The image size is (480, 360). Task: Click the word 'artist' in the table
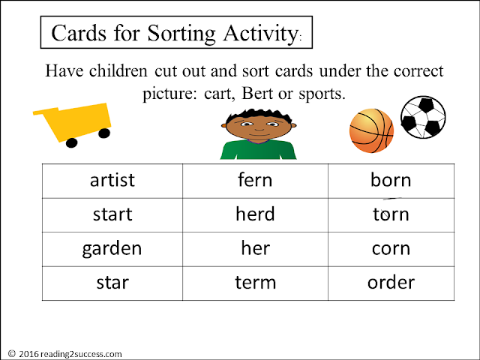click(x=112, y=180)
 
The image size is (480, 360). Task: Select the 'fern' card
click(x=255, y=181)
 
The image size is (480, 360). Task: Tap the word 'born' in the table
click(x=391, y=180)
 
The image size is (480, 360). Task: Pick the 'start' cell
click(x=112, y=215)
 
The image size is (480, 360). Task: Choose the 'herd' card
click(x=255, y=215)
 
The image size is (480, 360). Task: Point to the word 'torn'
click(x=391, y=214)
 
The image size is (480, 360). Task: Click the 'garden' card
click(x=112, y=250)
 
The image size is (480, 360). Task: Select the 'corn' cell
click(x=391, y=250)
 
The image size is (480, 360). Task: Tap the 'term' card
click(x=255, y=283)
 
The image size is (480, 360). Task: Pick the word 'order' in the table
click(x=391, y=282)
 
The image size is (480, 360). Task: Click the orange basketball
click(x=371, y=130)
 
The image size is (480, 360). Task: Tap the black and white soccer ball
click(x=423, y=117)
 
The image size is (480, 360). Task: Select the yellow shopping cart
click(x=73, y=124)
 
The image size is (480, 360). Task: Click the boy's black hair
click(x=259, y=116)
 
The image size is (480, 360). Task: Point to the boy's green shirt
click(x=258, y=150)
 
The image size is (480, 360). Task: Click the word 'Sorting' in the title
click(x=181, y=33)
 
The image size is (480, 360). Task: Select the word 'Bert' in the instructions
click(x=257, y=93)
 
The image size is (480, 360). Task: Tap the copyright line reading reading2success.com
click(x=65, y=354)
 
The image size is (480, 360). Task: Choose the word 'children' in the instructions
click(x=118, y=71)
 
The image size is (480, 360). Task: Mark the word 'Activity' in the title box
click(x=260, y=33)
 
